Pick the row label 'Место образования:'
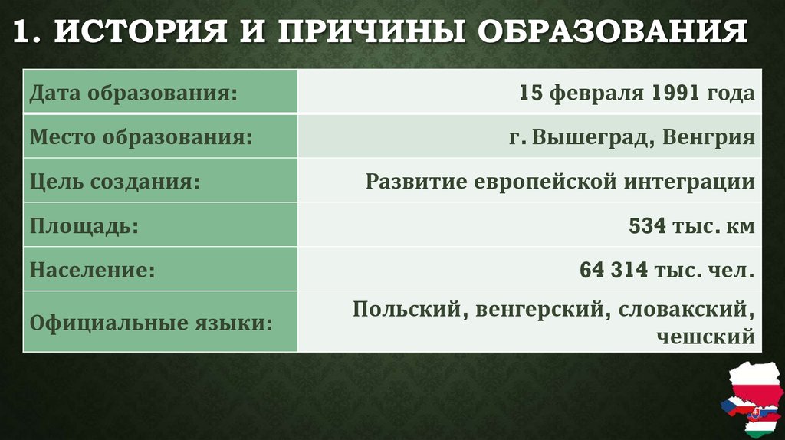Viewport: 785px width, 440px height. point(142,138)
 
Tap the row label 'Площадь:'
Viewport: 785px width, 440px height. point(85,227)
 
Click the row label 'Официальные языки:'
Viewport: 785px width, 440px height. point(152,322)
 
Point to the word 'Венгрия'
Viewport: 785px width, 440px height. point(709,138)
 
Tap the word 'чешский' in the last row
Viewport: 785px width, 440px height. point(706,336)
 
